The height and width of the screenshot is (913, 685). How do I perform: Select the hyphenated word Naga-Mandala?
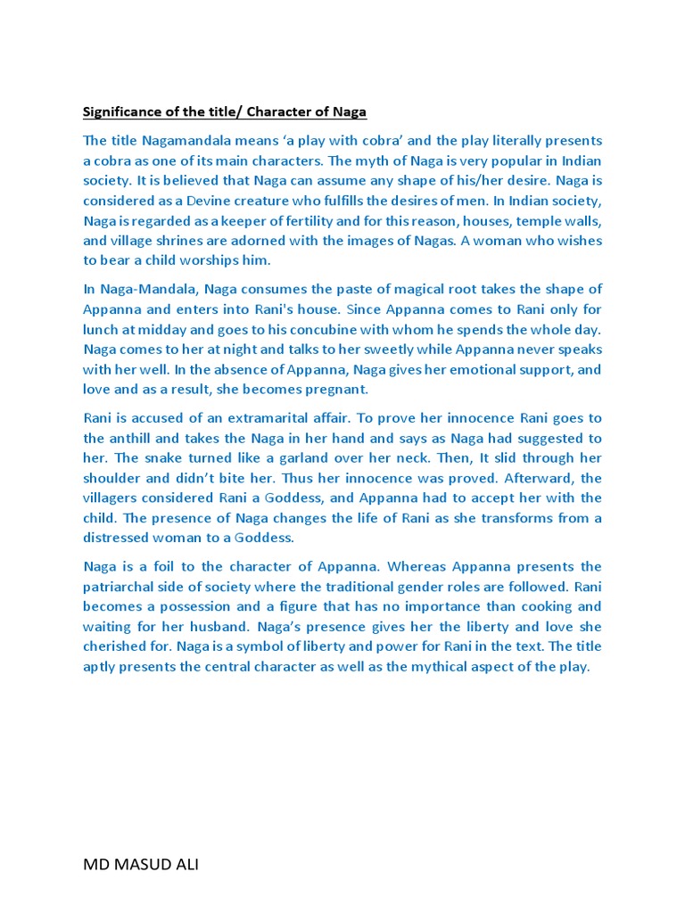point(143,289)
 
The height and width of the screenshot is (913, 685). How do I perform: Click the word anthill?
point(133,438)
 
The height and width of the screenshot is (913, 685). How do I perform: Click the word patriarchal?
point(122,587)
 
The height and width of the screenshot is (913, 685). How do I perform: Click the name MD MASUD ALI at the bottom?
point(141,865)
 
